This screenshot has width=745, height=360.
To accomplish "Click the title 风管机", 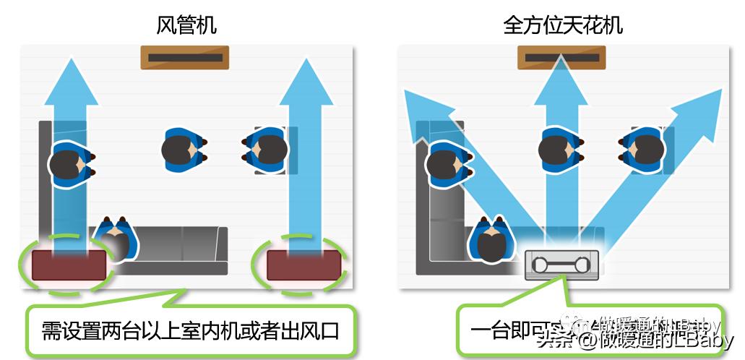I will click(x=186, y=26).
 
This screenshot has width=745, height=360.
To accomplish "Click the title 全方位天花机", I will click(x=563, y=26).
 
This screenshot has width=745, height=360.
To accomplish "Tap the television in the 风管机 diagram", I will click(x=184, y=57).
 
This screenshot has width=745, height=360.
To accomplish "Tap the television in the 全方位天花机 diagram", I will click(x=561, y=57).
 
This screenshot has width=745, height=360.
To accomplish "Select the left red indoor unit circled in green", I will click(x=69, y=265).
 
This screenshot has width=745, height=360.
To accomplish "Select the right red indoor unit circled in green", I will click(x=303, y=265).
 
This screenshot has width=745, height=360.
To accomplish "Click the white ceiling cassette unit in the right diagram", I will click(x=561, y=265).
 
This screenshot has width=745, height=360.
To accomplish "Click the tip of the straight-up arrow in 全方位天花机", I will click(x=561, y=69).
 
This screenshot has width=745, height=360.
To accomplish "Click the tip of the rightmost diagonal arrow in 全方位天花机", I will click(x=712, y=98).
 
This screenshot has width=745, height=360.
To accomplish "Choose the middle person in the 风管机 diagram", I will click(x=185, y=150).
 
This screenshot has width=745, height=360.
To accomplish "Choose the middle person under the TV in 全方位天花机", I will click(x=561, y=150).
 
